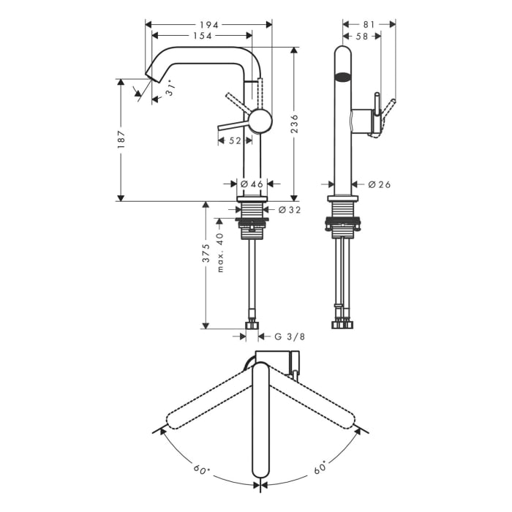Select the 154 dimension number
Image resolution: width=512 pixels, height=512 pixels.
point(203,36)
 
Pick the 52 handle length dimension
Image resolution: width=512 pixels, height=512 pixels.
point(234,140)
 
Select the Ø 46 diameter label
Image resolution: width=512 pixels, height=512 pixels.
point(252,184)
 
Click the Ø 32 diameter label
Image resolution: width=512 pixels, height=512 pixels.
point(288,211)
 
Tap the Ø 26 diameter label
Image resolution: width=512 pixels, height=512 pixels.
point(379,184)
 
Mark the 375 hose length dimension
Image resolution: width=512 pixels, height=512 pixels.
point(207,253)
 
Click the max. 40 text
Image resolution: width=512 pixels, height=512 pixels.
point(220,252)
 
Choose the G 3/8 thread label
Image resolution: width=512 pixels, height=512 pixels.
point(290,336)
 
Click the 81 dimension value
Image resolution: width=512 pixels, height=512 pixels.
point(369,24)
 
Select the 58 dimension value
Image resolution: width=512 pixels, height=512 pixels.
point(361,36)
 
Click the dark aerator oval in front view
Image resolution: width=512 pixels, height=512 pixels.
point(342,75)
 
